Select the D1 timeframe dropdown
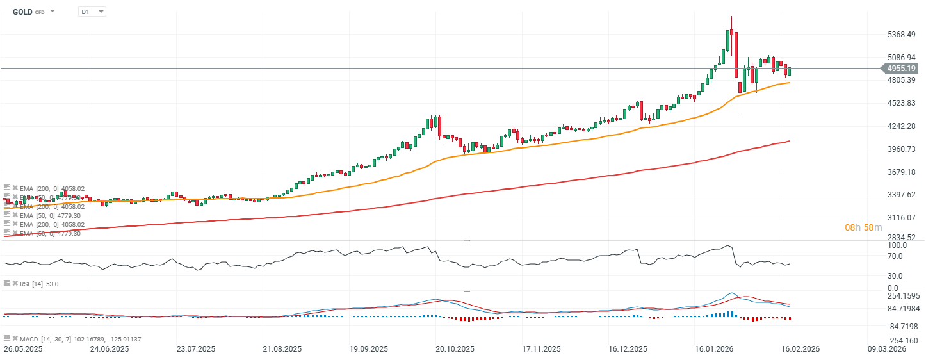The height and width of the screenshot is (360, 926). (x=92, y=12)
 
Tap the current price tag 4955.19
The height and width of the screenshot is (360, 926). (x=902, y=68)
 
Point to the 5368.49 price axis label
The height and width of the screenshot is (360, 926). (x=902, y=35)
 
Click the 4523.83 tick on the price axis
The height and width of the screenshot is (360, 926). (x=902, y=103)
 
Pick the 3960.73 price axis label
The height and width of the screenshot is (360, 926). (x=902, y=149)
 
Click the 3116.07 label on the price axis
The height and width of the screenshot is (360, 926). (x=902, y=218)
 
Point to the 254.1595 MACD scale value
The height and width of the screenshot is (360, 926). (x=904, y=297)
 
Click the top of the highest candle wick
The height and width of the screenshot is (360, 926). (x=731, y=17)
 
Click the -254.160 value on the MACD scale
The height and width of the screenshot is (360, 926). (x=904, y=341)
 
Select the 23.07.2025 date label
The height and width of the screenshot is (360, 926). (x=195, y=350)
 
